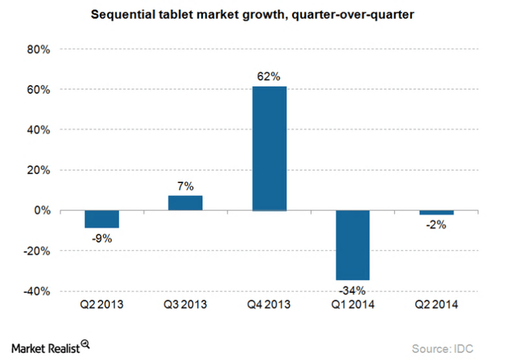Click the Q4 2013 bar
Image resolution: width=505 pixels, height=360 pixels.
pos(269,148)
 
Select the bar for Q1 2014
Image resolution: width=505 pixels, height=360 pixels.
pos(353,245)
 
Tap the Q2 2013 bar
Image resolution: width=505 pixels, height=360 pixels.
pos(102,219)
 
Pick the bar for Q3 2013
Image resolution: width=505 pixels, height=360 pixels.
pos(185,202)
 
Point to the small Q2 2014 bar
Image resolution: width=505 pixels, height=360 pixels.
pos(436,212)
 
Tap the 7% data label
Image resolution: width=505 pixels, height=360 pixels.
pos(185,186)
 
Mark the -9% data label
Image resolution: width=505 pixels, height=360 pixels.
pos(102,238)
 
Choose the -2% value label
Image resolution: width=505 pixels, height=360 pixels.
pos(436,225)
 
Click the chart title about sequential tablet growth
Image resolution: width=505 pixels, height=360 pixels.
pos(252,13)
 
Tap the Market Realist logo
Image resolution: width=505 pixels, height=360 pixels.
pos(49,347)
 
